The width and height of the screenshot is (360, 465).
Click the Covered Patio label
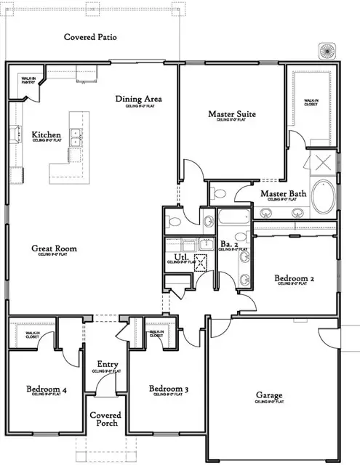point(90,37)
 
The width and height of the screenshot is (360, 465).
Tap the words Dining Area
point(138,100)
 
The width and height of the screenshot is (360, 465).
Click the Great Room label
point(54,248)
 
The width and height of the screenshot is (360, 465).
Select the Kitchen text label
point(46,135)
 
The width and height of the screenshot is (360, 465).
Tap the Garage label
point(269,396)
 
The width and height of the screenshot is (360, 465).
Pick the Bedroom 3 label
point(169,389)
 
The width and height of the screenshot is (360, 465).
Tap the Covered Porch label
point(105,420)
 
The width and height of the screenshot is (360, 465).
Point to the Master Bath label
point(282,193)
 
